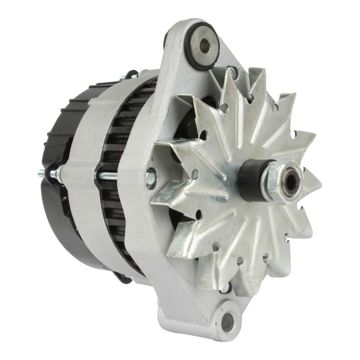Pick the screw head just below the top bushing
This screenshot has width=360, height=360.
[x=232, y=70]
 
